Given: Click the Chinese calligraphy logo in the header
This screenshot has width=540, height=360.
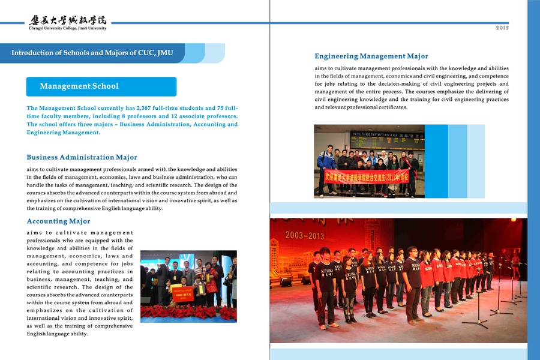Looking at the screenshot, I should click(67, 20).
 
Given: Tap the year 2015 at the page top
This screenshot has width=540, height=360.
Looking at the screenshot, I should click(502, 28).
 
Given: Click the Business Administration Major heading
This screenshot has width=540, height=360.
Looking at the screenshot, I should click(82, 157).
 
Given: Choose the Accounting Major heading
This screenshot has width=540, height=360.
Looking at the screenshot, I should click(59, 221).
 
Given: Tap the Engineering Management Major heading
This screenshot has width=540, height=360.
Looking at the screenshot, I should click(371, 56).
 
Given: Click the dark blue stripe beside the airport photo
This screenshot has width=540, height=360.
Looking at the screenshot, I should click(436, 161).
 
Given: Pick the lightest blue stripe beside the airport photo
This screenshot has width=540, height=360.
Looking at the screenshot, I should click(476, 161).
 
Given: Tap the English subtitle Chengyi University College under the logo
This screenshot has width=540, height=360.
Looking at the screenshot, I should click(67, 28).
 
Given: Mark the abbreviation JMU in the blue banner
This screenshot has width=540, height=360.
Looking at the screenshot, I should click(163, 53).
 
